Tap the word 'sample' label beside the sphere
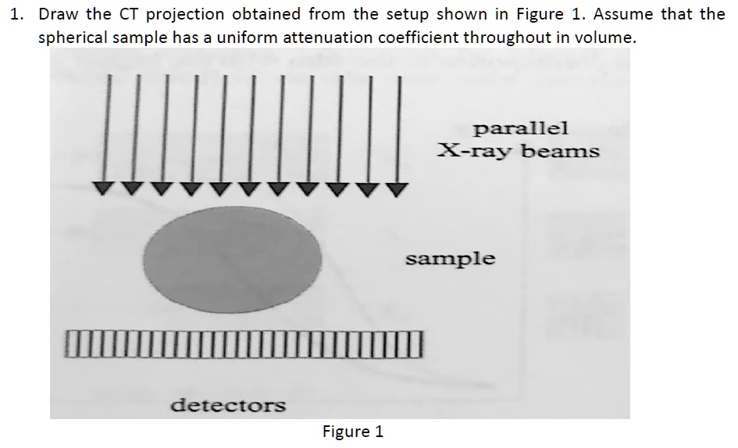(450, 258)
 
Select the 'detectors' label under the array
(228, 405)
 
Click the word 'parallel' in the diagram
(521, 127)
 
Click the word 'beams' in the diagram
(560, 150)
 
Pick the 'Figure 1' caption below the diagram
(353, 432)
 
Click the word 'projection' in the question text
(183, 15)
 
